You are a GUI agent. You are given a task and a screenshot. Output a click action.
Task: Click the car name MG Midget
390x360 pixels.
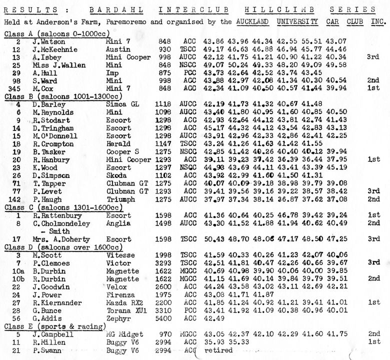tap(124, 333)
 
